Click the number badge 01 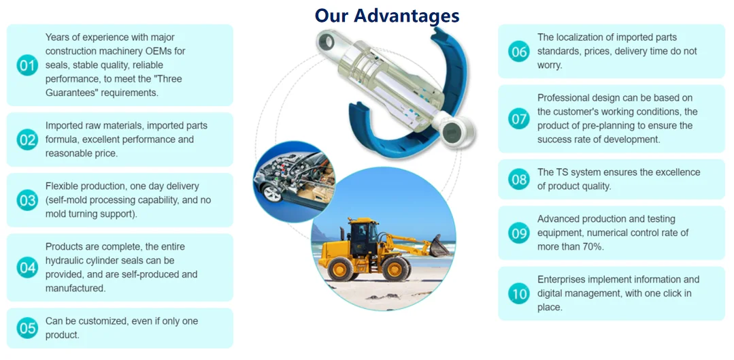[27, 65]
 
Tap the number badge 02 [27, 140]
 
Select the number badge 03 [27, 200]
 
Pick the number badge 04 [27, 267]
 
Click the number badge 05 [27, 328]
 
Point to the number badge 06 [518, 51]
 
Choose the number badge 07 [518, 118]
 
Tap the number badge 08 [518, 179]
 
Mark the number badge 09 [518, 233]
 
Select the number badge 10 [518, 293]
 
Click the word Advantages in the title [406, 16]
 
